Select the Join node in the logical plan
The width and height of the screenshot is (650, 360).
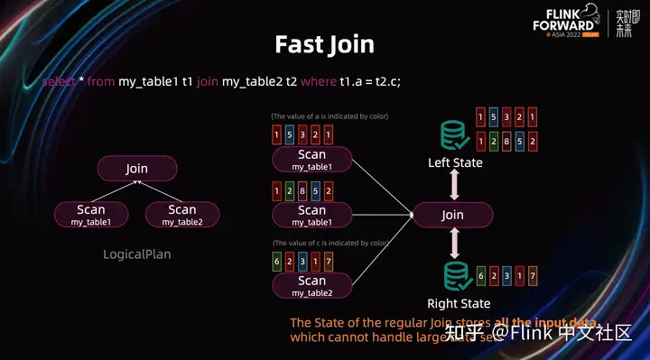click(137, 169)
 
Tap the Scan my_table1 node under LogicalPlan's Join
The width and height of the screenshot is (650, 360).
click(91, 215)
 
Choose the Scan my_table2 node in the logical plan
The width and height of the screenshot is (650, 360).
click(181, 215)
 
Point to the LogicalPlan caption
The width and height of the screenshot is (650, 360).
click(137, 254)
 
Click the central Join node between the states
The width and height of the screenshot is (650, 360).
click(452, 215)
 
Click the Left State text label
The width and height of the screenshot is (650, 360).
click(455, 162)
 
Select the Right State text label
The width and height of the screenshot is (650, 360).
click(459, 303)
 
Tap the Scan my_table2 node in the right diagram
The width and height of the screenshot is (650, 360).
click(311, 286)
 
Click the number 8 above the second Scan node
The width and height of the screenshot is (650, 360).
click(302, 190)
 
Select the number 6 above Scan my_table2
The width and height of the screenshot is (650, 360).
click(276, 261)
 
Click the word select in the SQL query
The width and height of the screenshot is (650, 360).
click(59, 81)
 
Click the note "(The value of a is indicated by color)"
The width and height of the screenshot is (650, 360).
click(330, 117)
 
